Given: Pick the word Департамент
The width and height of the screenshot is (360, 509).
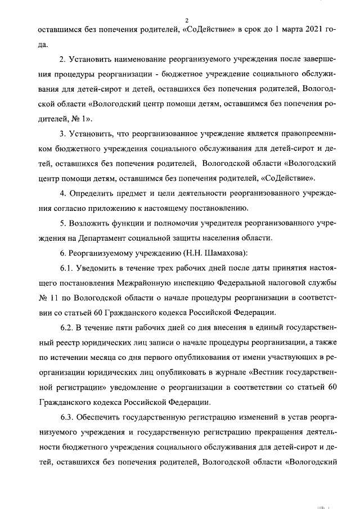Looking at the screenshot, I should (110, 237).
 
